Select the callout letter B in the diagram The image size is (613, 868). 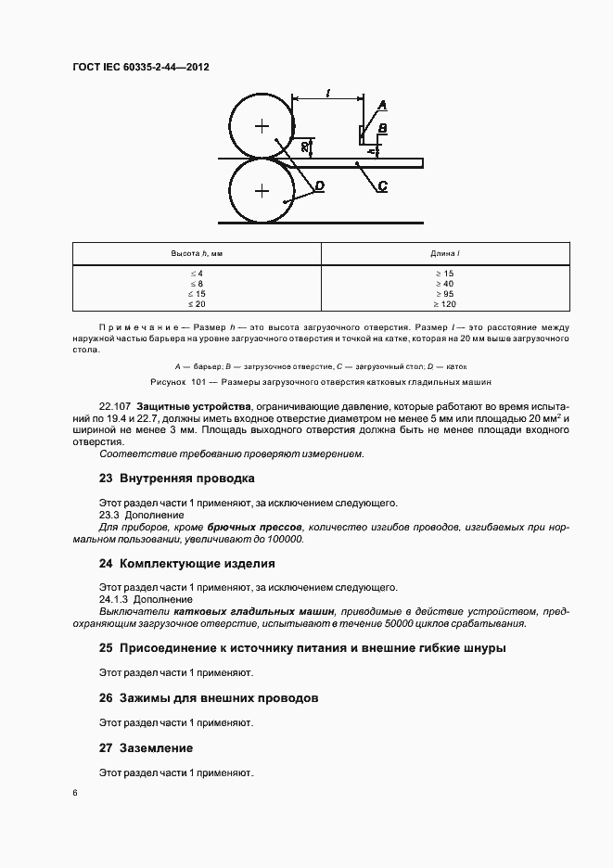(382, 127)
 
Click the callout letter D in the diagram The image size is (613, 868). (318, 186)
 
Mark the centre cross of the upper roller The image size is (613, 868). (262, 125)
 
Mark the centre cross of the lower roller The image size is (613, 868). (262, 191)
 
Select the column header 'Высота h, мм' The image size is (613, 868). (197, 253)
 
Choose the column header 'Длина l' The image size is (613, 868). (445, 253)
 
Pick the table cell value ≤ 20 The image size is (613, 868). (197, 304)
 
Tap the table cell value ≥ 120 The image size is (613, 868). (445, 304)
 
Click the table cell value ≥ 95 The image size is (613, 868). (445, 294)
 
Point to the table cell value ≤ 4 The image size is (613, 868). (197, 274)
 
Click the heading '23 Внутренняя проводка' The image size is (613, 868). (176, 479)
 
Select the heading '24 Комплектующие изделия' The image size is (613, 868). (186, 563)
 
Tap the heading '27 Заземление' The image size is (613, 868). (147, 747)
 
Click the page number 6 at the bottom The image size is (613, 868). (75, 793)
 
